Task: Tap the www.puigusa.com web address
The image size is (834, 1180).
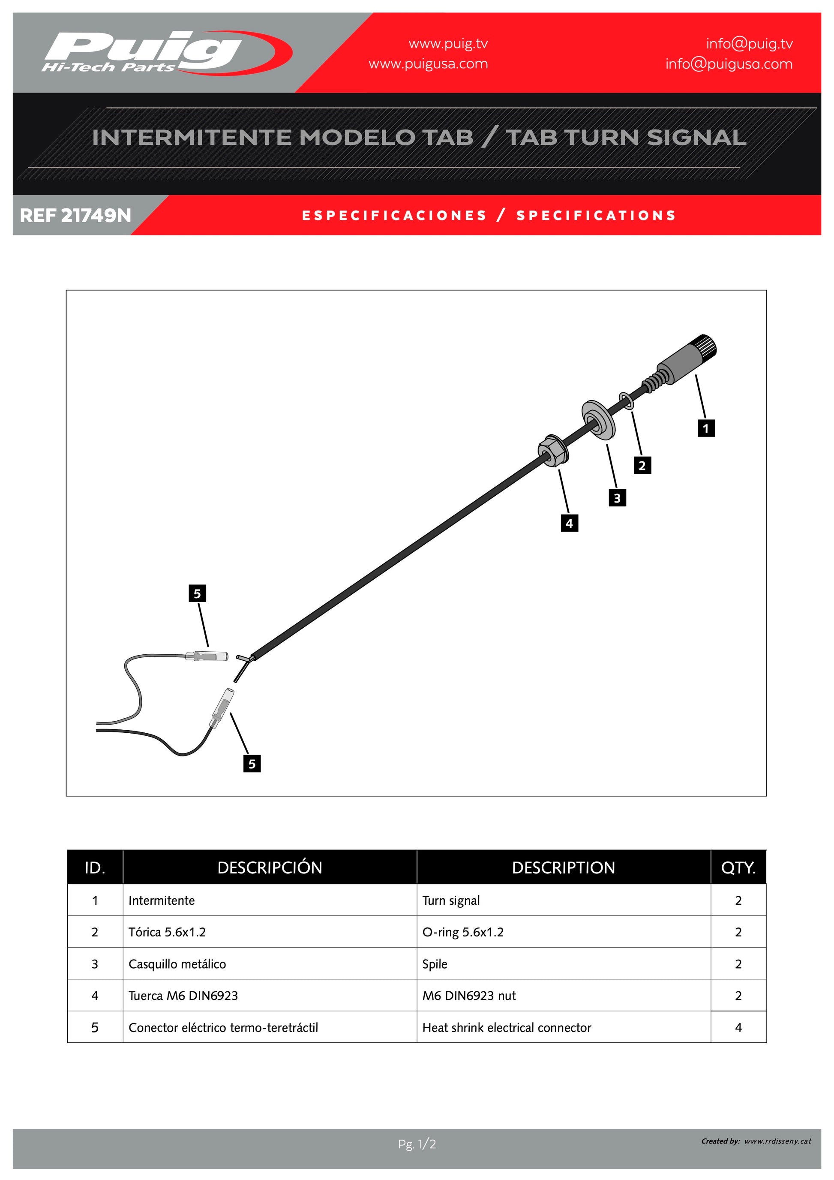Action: pos(428,64)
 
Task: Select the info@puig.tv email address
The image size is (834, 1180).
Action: pos(749,44)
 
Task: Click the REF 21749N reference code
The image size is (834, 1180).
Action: pos(75,215)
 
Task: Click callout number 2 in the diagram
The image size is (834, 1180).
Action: pos(642,465)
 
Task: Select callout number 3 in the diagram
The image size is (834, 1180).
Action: pos(617,497)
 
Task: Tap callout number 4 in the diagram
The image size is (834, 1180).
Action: pos(569,523)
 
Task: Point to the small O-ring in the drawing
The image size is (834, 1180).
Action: pos(627,401)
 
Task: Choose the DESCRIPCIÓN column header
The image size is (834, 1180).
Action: pos(270,868)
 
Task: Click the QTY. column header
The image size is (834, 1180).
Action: pos(738,868)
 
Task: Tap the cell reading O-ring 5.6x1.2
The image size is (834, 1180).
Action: pos(463,932)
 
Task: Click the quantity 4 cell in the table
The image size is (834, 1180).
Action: pos(738,1027)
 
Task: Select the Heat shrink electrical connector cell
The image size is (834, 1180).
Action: pos(507,1027)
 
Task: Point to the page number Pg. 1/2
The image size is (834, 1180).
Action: pos(417,1144)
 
